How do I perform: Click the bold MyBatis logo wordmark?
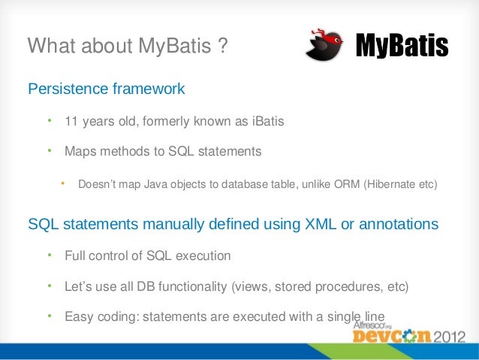(x=401, y=47)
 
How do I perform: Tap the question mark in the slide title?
(x=222, y=47)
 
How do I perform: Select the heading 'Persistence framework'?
(x=106, y=89)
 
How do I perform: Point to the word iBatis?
(x=266, y=122)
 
